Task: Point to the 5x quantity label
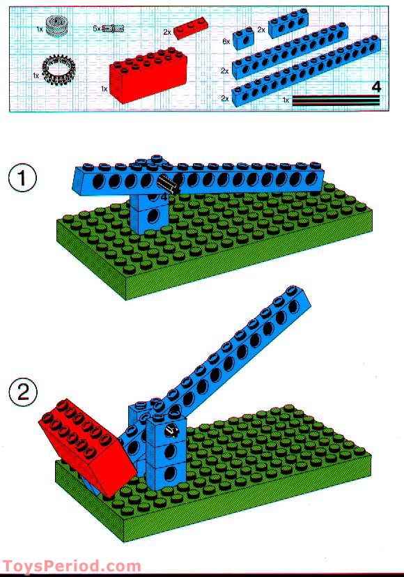tap(96, 29)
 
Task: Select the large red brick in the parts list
tap(148, 72)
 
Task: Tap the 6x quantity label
tap(226, 42)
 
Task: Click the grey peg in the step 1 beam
tap(168, 185)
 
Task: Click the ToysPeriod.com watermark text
tap(72, 567)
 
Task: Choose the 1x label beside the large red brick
tap(104, 89)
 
